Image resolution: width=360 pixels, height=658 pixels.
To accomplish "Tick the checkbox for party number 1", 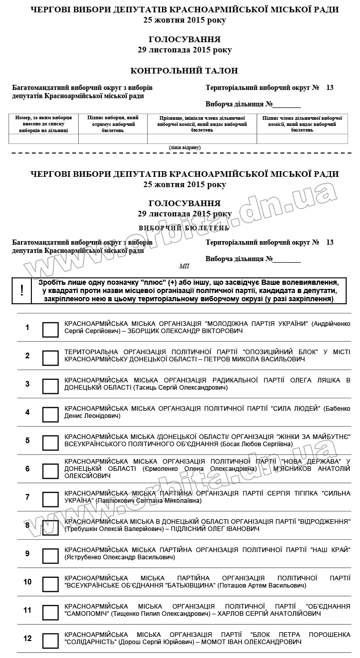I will (x=50, y=330).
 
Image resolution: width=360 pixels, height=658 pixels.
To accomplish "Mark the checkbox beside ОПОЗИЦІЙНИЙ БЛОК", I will (x=50, y=358).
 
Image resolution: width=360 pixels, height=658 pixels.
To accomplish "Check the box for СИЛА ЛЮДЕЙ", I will (x=50, y=414).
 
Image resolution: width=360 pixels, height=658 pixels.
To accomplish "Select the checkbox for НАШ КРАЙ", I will (x=50, y=556).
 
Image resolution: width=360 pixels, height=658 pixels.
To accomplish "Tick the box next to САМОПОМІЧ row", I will (x=50, y=612).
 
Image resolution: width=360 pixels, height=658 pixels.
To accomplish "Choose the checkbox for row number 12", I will (x=50, y=641).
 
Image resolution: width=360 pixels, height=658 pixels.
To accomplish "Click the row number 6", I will (x=28, y=469).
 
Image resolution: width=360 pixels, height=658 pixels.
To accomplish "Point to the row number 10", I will (x=28, y=582).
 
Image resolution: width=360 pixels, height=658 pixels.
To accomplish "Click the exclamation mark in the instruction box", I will (x=22, y=290).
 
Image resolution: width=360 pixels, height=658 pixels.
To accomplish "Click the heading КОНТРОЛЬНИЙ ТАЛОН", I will (x=184, y=71).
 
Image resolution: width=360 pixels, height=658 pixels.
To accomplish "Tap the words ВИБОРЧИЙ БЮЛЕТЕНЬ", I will (x=184, y=227).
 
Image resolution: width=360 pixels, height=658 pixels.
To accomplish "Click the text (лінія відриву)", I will (x=185, y=148).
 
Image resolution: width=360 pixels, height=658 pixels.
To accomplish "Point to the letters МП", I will (x=184, y=266).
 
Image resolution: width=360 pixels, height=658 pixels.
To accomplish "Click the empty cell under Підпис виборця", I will (x=113, y=139).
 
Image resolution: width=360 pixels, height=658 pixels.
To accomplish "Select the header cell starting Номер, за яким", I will (x=44, y=124).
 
